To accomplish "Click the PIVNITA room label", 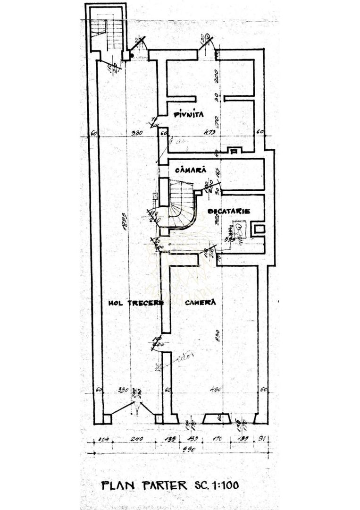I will tap(188, 114).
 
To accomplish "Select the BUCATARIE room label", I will tap(228, 211).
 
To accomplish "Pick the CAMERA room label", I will tap(200, 302).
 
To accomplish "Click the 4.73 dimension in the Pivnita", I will tap(210, 133).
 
